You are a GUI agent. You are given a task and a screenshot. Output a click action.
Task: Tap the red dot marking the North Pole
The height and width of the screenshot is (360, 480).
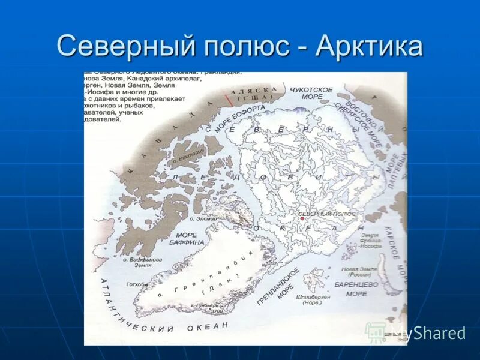pyautogui.click(x=301, y=218)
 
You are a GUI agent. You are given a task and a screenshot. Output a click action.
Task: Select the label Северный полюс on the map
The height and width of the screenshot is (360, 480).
pyautogui.click(x=328, y=214)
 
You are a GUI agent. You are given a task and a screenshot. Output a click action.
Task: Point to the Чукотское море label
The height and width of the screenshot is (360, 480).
pyautogui.click(x=311, y=94)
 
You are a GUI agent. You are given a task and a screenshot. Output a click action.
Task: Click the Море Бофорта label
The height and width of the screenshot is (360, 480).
pyautogui.click(x=239, y=118)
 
